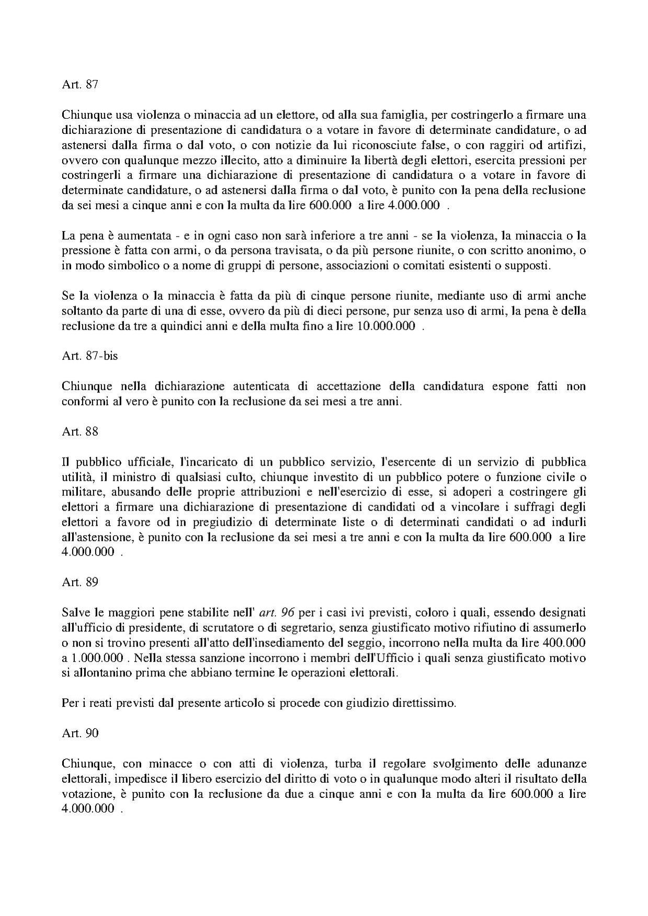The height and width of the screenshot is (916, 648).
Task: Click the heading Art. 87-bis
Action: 89,356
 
